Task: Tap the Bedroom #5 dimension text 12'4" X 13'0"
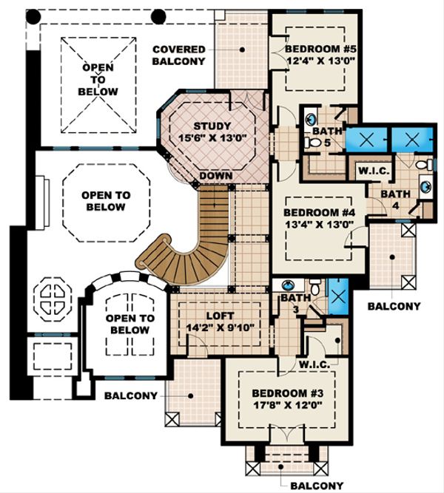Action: point(321,61)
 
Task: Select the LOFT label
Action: point(220,316)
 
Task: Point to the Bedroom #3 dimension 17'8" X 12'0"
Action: point(288,405)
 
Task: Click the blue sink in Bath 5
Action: point(311,119)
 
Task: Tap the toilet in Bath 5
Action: point(312,143)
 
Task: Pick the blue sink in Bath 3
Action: point(288,285)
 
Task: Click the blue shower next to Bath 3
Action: point(338,296)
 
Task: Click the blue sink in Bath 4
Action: point(425,187)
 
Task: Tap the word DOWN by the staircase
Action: point(216,176)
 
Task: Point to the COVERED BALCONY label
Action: point(178,55)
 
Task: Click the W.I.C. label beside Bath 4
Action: point(374,171)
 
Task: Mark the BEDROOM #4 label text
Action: point(319,213)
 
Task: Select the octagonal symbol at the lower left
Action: point(53,299)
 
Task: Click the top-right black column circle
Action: point(158,16)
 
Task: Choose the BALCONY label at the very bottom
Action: point(317,486)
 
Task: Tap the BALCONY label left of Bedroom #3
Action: point(131,395)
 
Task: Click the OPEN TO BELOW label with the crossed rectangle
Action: point(98,80)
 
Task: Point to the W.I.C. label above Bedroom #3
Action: point(314,364)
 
